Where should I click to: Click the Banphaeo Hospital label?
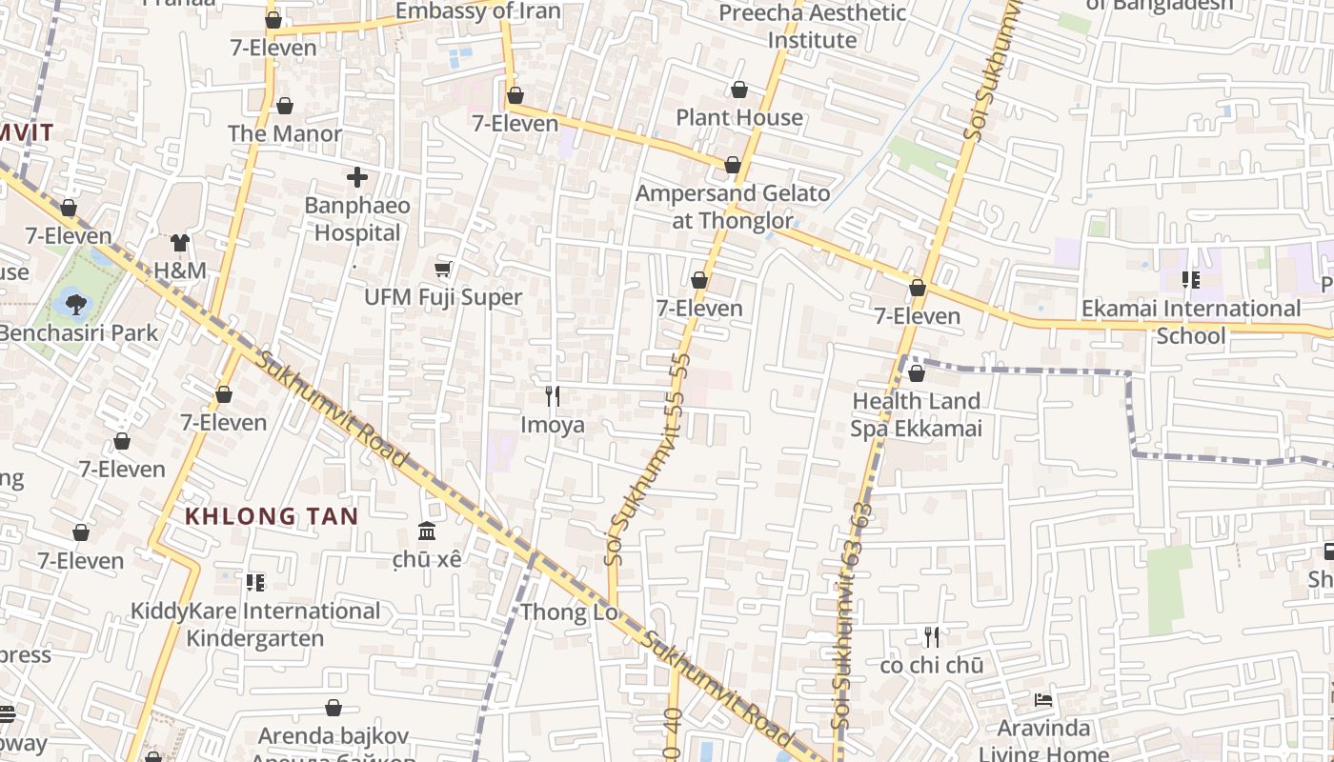point(357,219)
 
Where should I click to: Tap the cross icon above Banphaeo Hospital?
point(357,177)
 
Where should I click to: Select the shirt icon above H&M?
point(180,243)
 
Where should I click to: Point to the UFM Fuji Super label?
point(443,297)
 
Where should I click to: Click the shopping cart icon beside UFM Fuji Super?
point(443,270)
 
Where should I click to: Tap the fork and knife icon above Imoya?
point(553,396)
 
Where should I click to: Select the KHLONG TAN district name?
point(272,517)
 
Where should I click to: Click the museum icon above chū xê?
point(427,531)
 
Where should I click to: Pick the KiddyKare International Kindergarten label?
point(255,624)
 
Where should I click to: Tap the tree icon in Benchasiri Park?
point(75,305)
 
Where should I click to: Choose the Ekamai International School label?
point(1190,322)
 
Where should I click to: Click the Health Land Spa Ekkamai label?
point(916,414)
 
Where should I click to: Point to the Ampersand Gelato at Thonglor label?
point(733,207)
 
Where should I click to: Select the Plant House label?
point(739,117)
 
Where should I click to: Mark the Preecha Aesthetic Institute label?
point(812,27)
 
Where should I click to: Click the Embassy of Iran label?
point(477,11)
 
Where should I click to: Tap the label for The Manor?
point(284,133)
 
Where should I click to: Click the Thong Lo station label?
point(570,612)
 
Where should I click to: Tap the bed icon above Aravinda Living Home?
point(1043,700)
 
